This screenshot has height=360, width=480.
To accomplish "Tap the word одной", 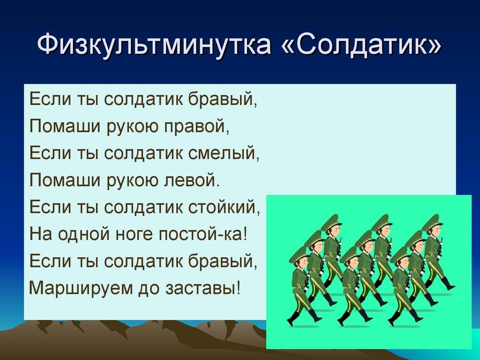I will [77, 233].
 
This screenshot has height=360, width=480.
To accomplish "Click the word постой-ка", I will [202, 233].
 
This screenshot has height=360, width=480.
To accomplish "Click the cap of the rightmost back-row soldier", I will [431, 221].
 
